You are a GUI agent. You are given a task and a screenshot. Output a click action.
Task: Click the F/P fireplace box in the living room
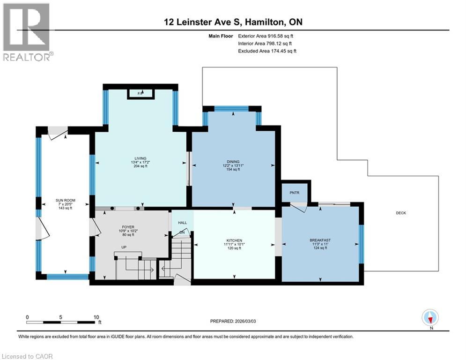coord(141,94)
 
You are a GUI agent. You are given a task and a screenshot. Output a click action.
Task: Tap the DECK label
coord(401,213)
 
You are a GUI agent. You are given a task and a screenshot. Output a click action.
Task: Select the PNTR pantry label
coord(295,193)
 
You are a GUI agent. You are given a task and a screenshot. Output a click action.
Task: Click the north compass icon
coord(430,317)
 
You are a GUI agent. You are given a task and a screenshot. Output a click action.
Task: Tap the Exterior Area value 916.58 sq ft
coord(281,36)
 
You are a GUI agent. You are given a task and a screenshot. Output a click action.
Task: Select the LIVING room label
coord(141,158)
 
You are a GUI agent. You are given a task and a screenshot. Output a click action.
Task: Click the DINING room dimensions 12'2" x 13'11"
coord(233,165)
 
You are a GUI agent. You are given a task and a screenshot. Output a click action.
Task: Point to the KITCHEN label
coord(234,240)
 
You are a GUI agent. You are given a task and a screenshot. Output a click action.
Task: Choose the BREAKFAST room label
coord(320,240)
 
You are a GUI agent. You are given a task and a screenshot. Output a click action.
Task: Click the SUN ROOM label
coord(66,200)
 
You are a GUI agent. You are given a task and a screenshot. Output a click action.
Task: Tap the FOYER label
coord(128,227)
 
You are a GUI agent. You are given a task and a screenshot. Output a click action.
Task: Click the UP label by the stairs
coord(124,247)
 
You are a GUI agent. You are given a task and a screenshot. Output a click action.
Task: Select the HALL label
coord(183,223)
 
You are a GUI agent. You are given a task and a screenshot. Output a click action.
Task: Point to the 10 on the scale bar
coord(96,317)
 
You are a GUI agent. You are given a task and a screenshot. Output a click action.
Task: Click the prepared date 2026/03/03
coord(245,321)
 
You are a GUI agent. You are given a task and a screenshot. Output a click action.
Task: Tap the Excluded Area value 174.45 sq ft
coord(284,51)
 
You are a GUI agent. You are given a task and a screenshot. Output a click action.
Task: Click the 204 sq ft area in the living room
coord(141,166)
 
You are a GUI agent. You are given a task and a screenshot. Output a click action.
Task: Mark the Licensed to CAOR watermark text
coord(27,356)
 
